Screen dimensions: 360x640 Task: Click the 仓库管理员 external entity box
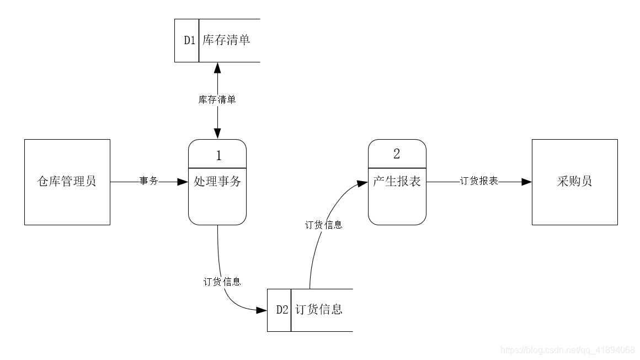tap(67, 182)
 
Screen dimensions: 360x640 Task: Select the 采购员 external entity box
tap(574, 182)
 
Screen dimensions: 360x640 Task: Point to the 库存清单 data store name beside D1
tap(226, 41)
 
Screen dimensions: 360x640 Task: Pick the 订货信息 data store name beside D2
tap(319, 310)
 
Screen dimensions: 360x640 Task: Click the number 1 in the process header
tap(218, 155)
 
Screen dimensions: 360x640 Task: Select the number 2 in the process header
tap(397, 154)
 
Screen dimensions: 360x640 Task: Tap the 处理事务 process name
tap(217, 182)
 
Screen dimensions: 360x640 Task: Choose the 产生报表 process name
tap(397, 182)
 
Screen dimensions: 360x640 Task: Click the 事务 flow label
tap(148, 181)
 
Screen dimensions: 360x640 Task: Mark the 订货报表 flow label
tap(479, 181)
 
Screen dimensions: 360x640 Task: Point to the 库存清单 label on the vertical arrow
tap(217, 100)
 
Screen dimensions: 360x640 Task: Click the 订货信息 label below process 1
tap(222, 282)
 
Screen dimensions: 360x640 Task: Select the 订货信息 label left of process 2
tap(323, 225)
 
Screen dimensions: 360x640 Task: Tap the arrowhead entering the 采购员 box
tap(526, 182)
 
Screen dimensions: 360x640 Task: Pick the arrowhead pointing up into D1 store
tap(217, 68)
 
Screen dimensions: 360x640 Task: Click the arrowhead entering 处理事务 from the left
tap(183, 182)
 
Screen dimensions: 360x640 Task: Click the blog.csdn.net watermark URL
tap(567, 350)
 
